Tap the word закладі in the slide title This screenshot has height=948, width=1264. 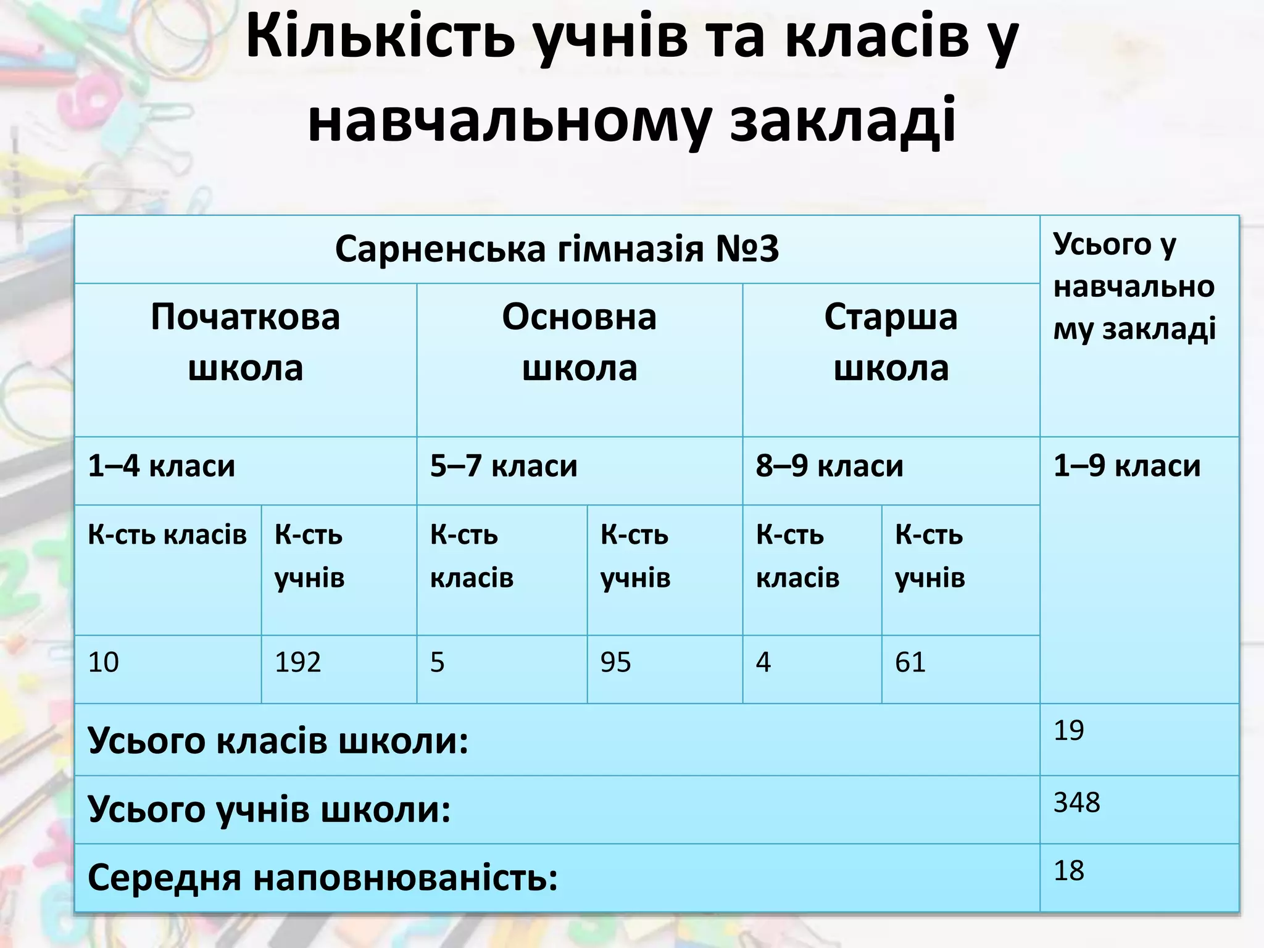click(843, 120)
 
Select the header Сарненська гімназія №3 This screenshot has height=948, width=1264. click(557, 249)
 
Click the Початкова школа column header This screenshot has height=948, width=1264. click(246, 343)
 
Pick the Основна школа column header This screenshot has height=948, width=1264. click(579, 343)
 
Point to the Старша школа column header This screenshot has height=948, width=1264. click(891, 343)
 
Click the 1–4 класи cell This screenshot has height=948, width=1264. click(162, 466)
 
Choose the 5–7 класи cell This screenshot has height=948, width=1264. click(504, 466)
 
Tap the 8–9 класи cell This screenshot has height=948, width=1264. click(829, 466)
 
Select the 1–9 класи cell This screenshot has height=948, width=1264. click(1127, 466)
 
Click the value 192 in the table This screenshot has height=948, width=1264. click(297, 662)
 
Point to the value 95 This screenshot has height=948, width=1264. click(615, 662)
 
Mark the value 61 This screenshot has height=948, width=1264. click(910, 662)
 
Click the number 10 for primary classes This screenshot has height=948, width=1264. click(103, 662)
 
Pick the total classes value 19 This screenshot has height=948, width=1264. click(1068, 730)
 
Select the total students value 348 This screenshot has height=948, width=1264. click(1076, 802)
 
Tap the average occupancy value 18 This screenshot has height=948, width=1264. click(1068, 871)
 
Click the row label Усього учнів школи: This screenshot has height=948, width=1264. click(269, 809)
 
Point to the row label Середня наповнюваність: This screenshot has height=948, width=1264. click(322, 878)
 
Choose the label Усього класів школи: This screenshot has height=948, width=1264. click(278, 740)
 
